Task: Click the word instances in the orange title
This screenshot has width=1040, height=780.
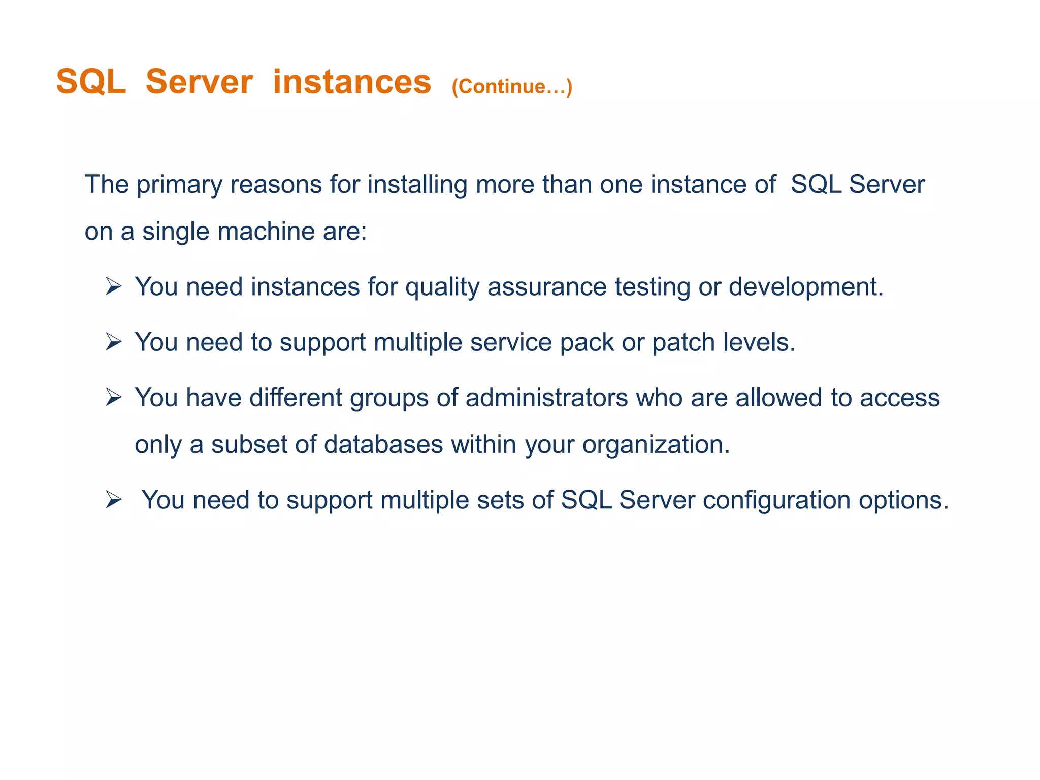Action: pyautogui.click(x=351, y=82)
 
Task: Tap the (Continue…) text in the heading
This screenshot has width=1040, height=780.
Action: pyautogui.click(x=512, y=87)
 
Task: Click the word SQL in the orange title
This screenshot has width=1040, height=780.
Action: pyautogui.click(x=91, y=82)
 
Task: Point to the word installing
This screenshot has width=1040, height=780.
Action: pyautogui.click(x=417, y=185)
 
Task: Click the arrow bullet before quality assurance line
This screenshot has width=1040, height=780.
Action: pyautogui.click(x=113, y=287)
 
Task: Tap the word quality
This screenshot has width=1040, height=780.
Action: pyautogui.click(x=442, y=288)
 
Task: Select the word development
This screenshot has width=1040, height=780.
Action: pyautogui.click(x=806, y=287)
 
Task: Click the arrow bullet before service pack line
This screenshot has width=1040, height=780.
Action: pyautogui.click(x=113, y=342)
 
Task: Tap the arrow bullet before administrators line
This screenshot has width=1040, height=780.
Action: pyautogui.click(x=113, y=398)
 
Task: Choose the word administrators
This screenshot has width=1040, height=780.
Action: pyautogui.click(x=546, y=398)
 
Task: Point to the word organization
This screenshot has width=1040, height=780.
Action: pyautogui.click(x=656, y=445)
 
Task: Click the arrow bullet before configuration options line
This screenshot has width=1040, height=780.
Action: pyautogui.click(x=113, y=500)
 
